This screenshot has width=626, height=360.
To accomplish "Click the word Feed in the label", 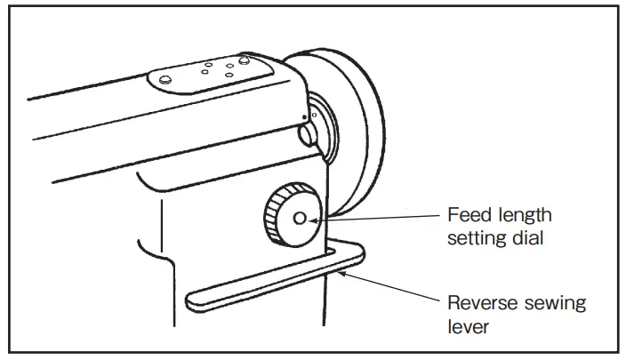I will [465, 215].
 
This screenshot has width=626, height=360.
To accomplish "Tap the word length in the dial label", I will [521, 215].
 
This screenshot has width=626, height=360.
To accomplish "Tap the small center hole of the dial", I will [298, 217].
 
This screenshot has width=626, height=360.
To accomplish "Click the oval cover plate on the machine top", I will [208, 72].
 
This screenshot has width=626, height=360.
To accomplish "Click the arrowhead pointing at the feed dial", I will [331, 216].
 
